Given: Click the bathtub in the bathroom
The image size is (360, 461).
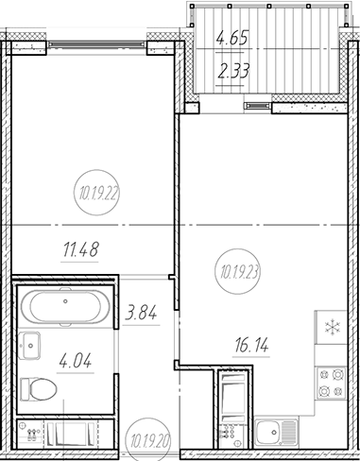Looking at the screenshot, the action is click(x=65, y=307).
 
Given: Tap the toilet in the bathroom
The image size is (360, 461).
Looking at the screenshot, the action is click(x=39, y=389).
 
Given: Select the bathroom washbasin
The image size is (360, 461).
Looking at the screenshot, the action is click(x=29, y=346).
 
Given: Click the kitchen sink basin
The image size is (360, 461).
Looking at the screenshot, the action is click(x=276, y=433).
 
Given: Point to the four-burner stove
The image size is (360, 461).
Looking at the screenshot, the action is click(x=332, y=383).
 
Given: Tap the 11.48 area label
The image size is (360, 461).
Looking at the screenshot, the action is click(x=81, y=249).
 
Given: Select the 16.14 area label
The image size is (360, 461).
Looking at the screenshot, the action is click(x=251, y=346).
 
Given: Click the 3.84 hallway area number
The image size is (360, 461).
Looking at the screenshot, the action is click(x=141, y=314).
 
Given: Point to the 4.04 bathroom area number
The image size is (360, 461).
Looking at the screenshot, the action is click(x=76, y=361).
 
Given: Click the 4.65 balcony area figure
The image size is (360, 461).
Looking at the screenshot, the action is click(x=232, y=38).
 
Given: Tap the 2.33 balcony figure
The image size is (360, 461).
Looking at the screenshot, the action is click(x=234, y=71).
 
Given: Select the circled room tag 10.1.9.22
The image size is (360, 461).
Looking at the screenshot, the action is click(x=97, y=193).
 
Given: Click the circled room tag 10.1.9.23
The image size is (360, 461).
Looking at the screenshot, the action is click(x=238, y=271).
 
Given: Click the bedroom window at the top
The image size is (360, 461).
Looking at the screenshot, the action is click(x=97, y=44).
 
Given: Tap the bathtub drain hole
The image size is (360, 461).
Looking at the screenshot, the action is click(x=65, y=301).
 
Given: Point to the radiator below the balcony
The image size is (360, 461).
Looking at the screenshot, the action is click(x=258, y=106).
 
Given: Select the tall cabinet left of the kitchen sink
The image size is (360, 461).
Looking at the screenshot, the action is click(x=233, y=410).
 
